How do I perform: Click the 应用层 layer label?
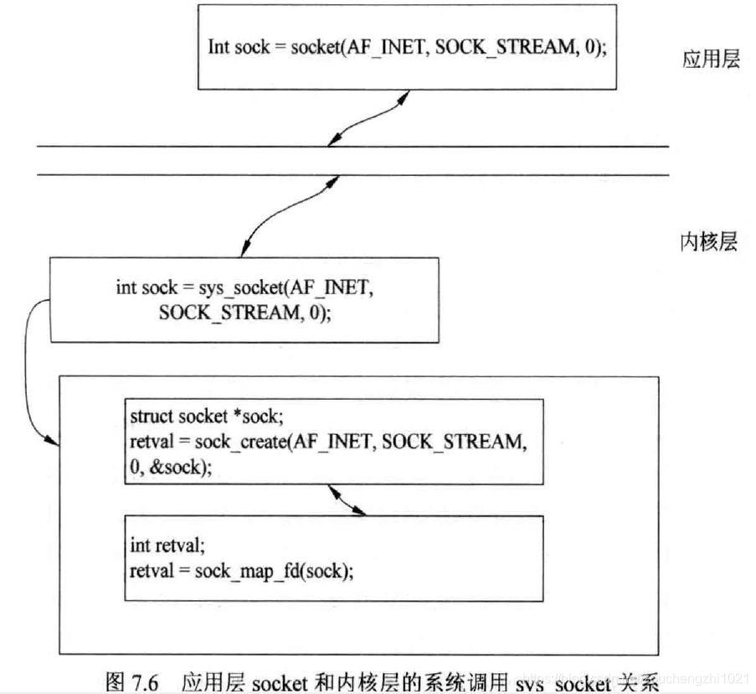tap(711, 60)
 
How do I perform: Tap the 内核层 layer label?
tap(707, 242)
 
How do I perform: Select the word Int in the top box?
tap(219, 47)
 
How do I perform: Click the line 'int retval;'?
tap(167, 546)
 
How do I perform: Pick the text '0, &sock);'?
tap(167, 467)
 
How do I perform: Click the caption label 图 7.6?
tap(138, 681)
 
